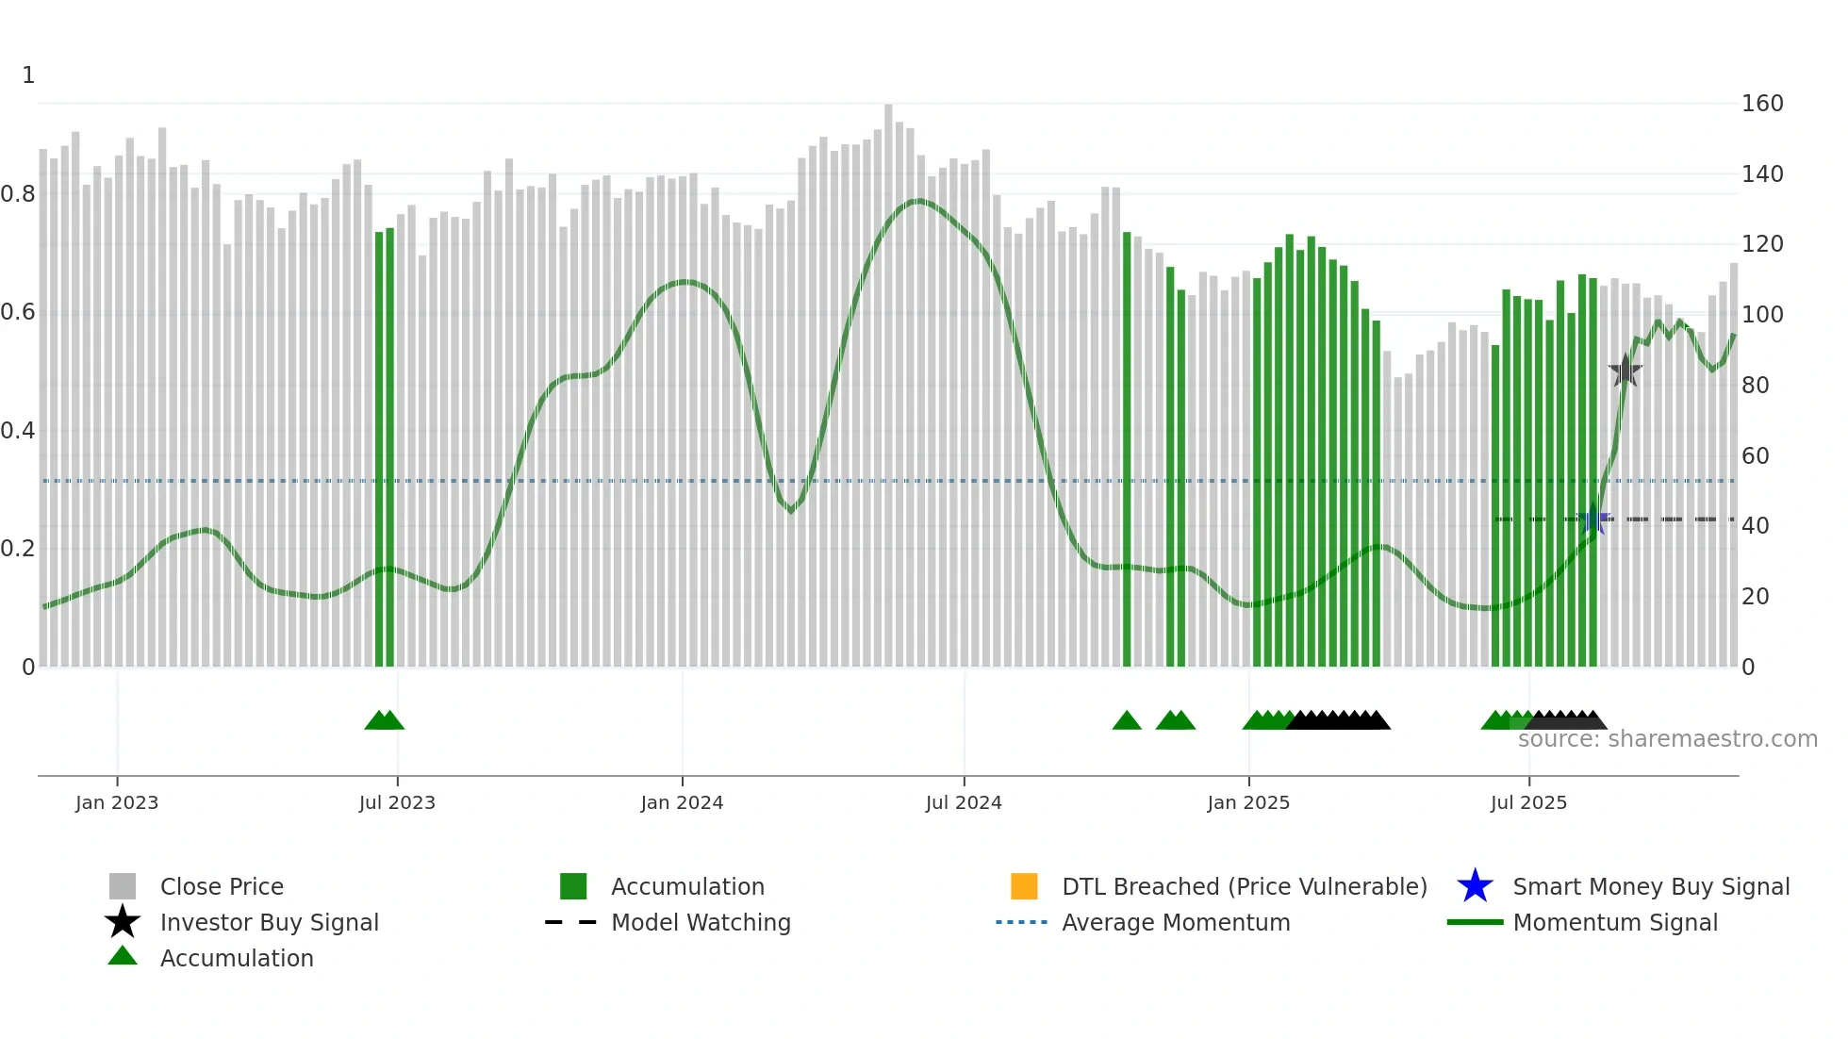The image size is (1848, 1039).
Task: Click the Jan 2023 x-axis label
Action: point(117,803)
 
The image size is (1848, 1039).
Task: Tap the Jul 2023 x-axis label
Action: point(397,803)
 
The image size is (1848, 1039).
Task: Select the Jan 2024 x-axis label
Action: point(682,803)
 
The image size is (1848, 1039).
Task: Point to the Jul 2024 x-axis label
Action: point(964,803)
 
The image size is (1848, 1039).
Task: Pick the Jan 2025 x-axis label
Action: point(1248,803)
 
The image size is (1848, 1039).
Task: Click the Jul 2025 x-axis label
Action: point(1528,803)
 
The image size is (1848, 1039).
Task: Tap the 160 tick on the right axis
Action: point(1762,104)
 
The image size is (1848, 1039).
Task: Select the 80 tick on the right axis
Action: point(1756,386)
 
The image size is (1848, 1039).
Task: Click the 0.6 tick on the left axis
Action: point(18,312)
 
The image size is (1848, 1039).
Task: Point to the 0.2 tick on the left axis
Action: point(18,549)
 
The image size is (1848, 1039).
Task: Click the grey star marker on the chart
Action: point(1625,371)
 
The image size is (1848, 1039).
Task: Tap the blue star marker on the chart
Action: point(1593,519)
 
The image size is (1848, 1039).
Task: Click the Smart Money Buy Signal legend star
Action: point(1475,886)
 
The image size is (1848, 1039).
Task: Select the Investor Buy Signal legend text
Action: point(270,923)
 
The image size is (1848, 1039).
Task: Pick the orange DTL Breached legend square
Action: point(1024,886)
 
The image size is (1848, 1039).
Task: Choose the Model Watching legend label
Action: point(701,923)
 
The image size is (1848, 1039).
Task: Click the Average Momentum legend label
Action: point(1176,923)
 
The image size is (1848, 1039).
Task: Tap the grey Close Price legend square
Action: point(123,886)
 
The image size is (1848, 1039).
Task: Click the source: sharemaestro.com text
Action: point(1667,739)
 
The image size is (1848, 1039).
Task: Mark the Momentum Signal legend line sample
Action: point(1475,922)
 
